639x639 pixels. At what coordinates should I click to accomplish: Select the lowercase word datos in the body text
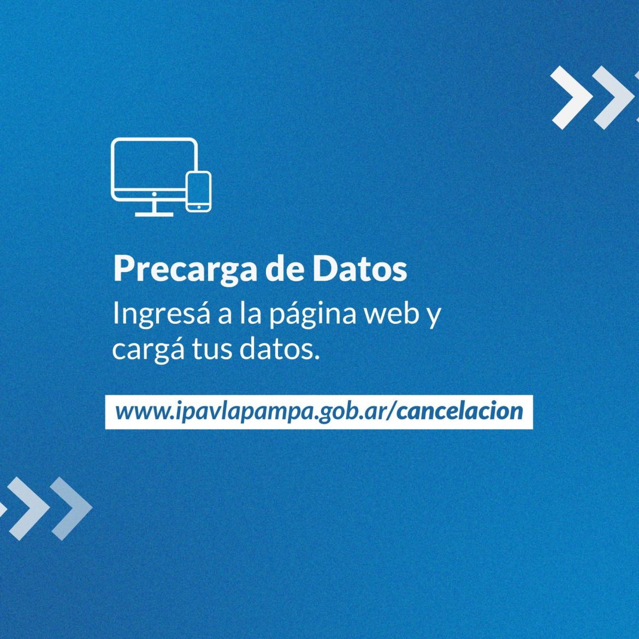click(277, 349)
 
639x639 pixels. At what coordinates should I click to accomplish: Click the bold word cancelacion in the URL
click(460, 411)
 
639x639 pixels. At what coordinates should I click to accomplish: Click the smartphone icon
click(198, 192)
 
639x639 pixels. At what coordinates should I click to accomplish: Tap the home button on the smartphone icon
click(198, 208)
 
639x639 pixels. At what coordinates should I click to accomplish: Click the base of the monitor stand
click(155, 214)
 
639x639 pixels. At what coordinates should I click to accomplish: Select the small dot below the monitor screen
click(155, 195)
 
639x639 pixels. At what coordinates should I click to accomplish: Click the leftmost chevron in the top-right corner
click(571, 98)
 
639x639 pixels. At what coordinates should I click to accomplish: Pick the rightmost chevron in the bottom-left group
click(72, 508)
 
